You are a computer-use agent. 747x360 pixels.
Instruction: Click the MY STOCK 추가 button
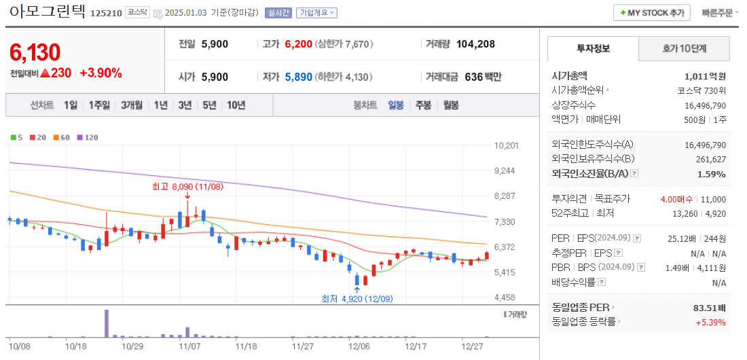652,13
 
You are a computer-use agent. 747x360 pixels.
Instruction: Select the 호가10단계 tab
684,48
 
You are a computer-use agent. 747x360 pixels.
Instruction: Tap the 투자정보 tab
593,48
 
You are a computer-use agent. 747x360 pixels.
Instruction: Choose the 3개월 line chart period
132,105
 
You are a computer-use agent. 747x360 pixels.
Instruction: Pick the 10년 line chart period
236,105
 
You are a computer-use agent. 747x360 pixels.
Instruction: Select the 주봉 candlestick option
423,105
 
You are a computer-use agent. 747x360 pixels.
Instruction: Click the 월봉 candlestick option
450,105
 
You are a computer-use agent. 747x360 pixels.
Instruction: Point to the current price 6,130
35,52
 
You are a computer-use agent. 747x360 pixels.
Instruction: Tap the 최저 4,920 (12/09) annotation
357,298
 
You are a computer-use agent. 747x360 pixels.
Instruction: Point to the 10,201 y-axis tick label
507,145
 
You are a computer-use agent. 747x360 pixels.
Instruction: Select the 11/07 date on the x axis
189,346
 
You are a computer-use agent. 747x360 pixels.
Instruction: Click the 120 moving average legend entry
88,137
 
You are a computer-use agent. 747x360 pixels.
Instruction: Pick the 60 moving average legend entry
62,137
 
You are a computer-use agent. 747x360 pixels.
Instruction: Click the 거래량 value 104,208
475,44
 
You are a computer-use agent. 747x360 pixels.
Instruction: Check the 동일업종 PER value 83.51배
709,308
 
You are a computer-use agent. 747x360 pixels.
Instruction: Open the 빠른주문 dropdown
720,13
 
